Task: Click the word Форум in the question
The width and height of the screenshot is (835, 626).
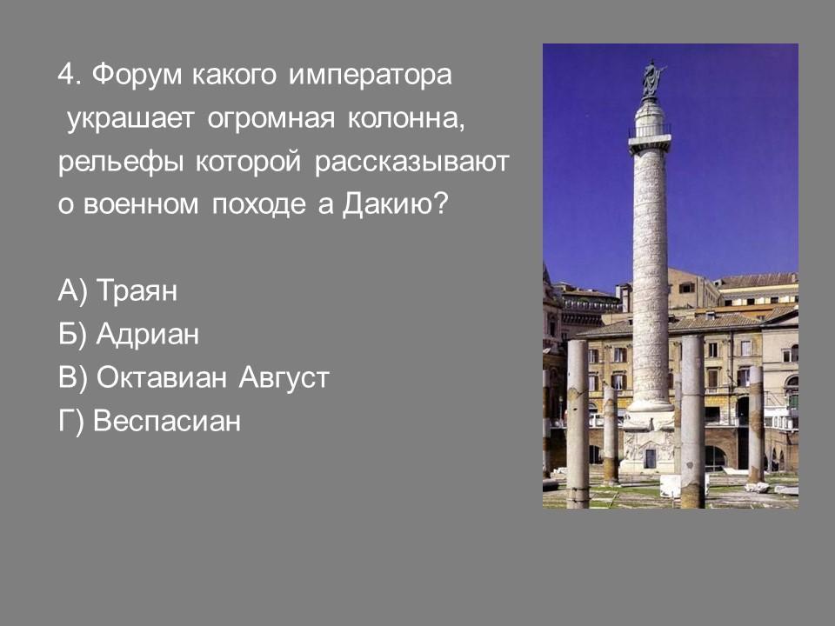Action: pos(137,75)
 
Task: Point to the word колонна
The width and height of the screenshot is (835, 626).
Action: pos(406,118)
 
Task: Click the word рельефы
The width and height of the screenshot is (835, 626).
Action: pos(120,163)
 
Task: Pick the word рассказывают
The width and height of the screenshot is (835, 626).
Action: pos(411,163)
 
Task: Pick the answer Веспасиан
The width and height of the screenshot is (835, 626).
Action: pos(167,421)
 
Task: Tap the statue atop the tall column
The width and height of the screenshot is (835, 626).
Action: pos(651,78)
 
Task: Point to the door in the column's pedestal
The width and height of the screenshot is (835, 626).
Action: pos(651,458)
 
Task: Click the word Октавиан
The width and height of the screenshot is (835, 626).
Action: pos(162,378)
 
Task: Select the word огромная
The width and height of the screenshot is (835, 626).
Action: pos(271,119)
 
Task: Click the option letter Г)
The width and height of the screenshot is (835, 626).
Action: pos(70,421)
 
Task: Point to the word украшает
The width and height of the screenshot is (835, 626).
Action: pos(130,119)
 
